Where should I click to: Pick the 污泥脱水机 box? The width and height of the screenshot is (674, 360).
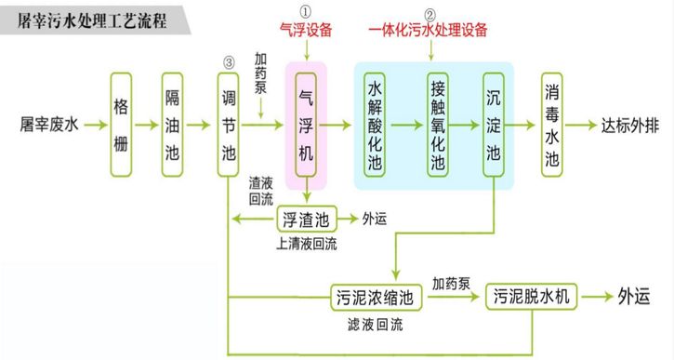pos(536,298)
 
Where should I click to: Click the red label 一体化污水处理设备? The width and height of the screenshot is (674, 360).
pos(429,30)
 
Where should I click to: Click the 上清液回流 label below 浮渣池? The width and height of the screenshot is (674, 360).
pos(306,245)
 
